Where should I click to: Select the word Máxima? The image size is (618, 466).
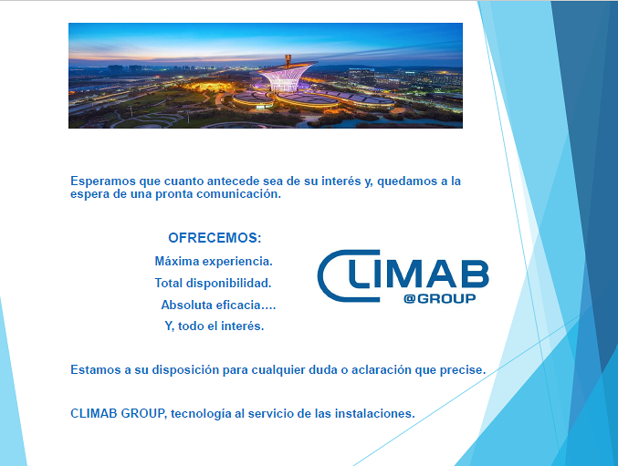pyautogui.click(x=176, y=261)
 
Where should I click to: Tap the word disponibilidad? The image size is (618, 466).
pyautogui.click(x=229, y=283)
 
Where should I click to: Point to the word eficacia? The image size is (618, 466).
pyautogui.click(x=245, y=305)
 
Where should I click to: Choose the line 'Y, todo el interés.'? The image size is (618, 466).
pyautogui.click(x=214, y=326)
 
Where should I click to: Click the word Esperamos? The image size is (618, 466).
pyautogui.click(x=101, y=181)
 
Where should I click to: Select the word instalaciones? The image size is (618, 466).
pyautogui.click(x=375, y=413)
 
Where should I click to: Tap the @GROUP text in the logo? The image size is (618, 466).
pyautogui.click(x=439, y=298)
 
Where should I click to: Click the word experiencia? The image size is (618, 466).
pyautogui.click(x=234, y=261)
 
